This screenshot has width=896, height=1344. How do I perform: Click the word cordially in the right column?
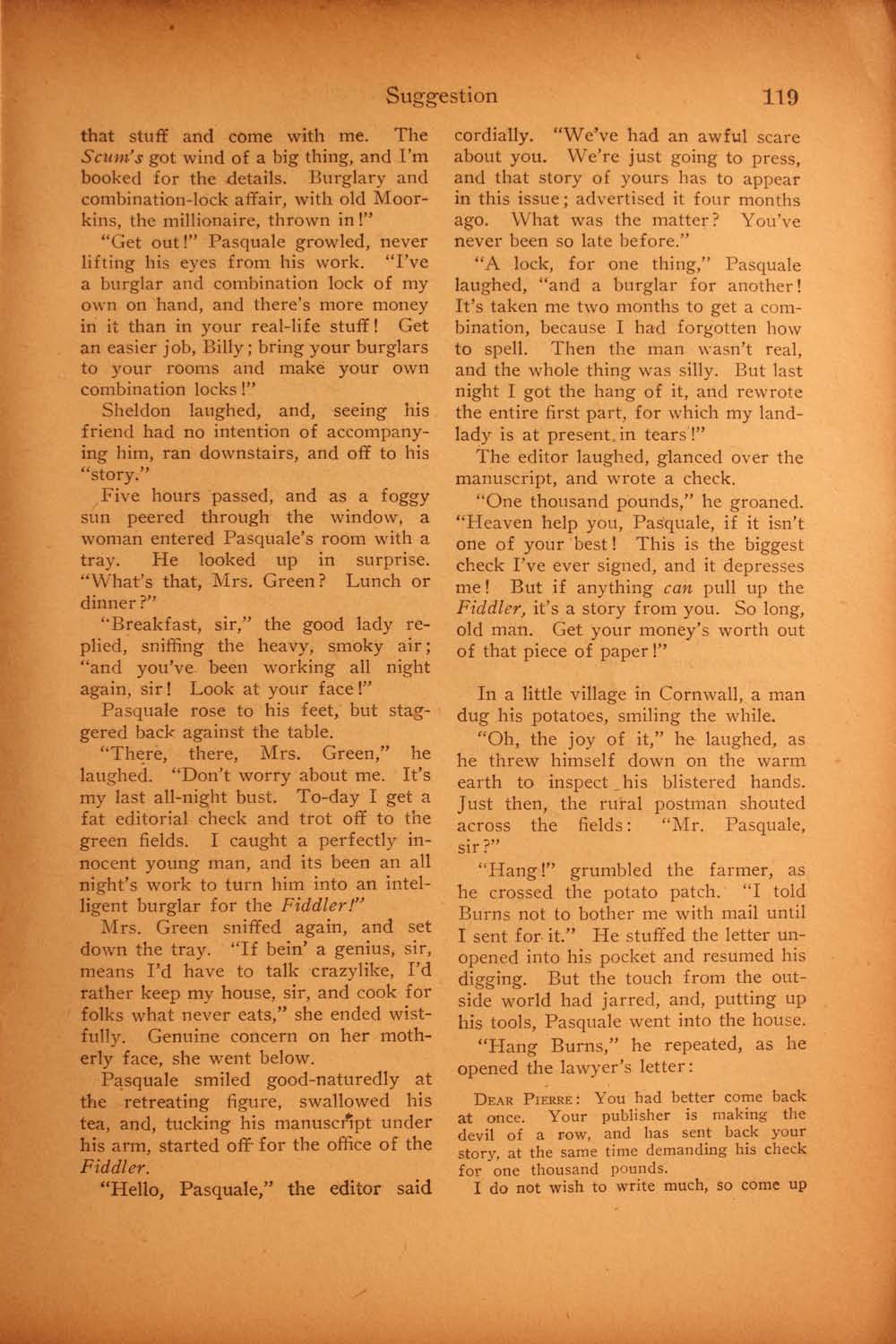[x=491, y=137]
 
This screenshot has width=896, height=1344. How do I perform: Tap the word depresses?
[x=759, y=566]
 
